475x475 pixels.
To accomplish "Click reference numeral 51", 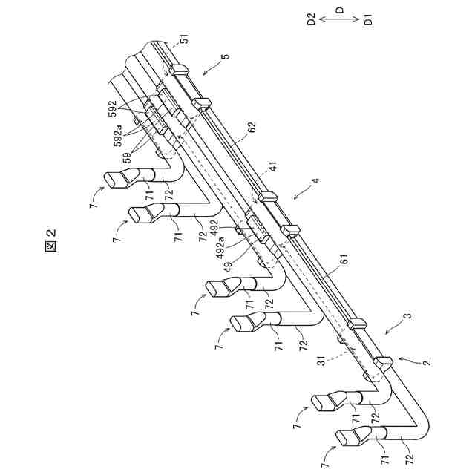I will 183,39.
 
